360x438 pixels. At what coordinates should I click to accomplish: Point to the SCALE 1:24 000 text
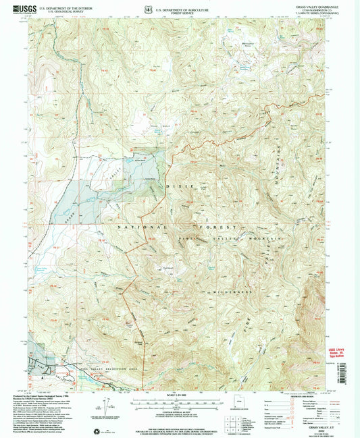coord(180,395)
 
